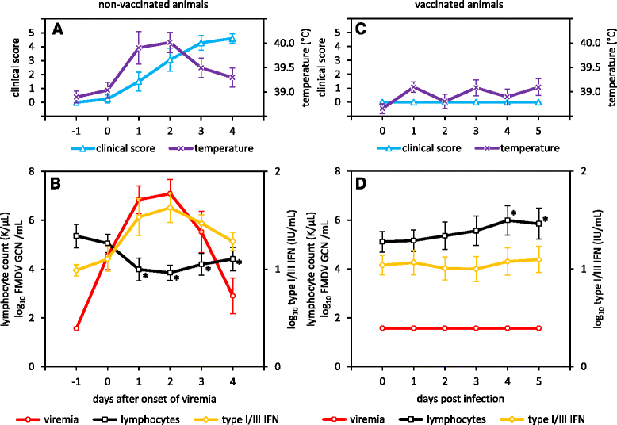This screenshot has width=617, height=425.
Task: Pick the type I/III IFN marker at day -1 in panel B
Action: coord(76,270)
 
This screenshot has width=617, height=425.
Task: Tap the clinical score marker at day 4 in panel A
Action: coord(232,37)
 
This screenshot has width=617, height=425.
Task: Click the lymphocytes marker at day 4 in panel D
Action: coord(508,220)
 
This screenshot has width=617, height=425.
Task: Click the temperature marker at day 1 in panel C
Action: coord(414,87)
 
